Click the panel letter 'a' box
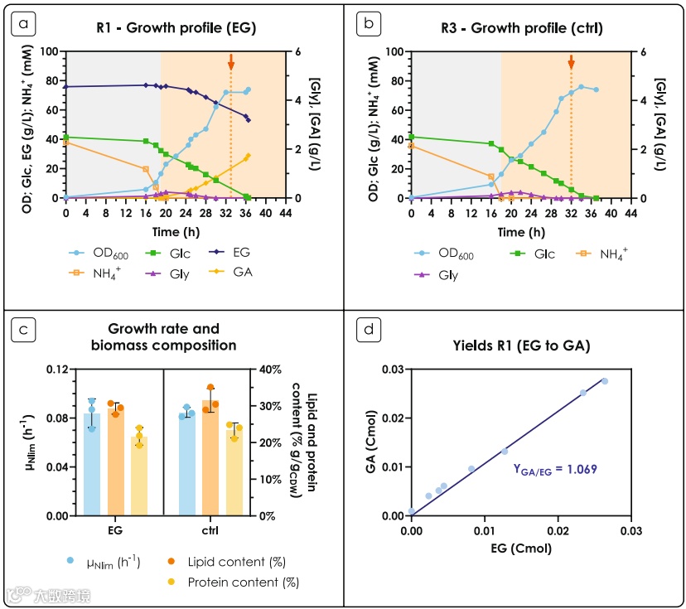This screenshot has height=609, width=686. pos(22,24)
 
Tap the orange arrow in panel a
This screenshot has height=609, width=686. pos(231,61)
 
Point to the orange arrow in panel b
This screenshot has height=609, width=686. pos(571,61)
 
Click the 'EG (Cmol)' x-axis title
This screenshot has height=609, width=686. pos(520,548)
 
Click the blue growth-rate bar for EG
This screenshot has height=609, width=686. pos(91,464)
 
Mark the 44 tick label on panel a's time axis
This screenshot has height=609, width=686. pos(285,212)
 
